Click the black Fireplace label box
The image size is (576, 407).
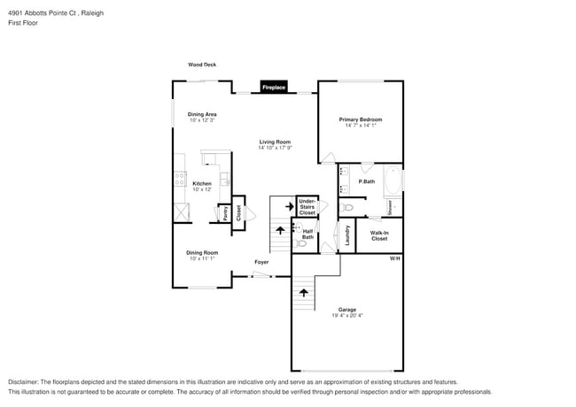tap(273, 87)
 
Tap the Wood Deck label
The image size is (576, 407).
tap(202, 65)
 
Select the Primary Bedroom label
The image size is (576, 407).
tap(361, 119)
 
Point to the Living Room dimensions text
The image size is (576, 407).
tap(275, 148)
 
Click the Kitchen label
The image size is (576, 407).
tap(202, 183)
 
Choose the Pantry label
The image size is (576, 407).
tap(225, 213)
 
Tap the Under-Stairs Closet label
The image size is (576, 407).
tap(307, 207)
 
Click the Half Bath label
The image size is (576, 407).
tap(307, 234)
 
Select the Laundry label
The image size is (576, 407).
tap(347, 234)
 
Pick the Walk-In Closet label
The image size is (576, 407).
tap(379, 235)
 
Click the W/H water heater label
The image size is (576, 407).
tap(395, 258)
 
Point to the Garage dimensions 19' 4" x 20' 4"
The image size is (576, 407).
tap(346, 315)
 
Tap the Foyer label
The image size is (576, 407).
tap(261, 262)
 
